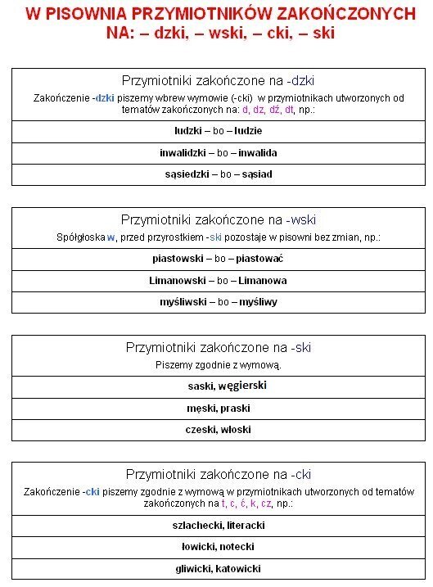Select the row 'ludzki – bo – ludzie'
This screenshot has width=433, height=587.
coord(218,131)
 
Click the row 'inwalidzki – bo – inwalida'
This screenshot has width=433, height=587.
coord(218,153)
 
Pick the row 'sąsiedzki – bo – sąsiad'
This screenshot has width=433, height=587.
coord(218,174)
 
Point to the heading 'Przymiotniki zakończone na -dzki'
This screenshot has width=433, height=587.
coord(218,80)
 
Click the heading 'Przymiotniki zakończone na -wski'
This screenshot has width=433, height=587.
coord(218,219)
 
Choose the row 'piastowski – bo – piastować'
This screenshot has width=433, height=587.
coord(218,259)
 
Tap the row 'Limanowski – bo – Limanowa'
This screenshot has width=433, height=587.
coord(218,280)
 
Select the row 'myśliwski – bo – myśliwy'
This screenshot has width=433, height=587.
coord(218,302)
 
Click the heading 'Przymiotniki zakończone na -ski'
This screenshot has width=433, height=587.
coord(218,347)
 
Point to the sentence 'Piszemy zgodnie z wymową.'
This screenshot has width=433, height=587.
coord(218,364)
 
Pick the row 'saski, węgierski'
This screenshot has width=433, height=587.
coord(218,386)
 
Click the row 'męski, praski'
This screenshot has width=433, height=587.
coord(218,408)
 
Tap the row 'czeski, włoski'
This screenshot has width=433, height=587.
coord(218,430)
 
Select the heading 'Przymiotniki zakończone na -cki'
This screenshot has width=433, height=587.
coord(218,474)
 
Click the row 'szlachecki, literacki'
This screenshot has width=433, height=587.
coord(218,525)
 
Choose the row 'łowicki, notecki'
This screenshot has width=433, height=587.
coord(218,547)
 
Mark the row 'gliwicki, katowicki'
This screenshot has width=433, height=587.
coord(218,568)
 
